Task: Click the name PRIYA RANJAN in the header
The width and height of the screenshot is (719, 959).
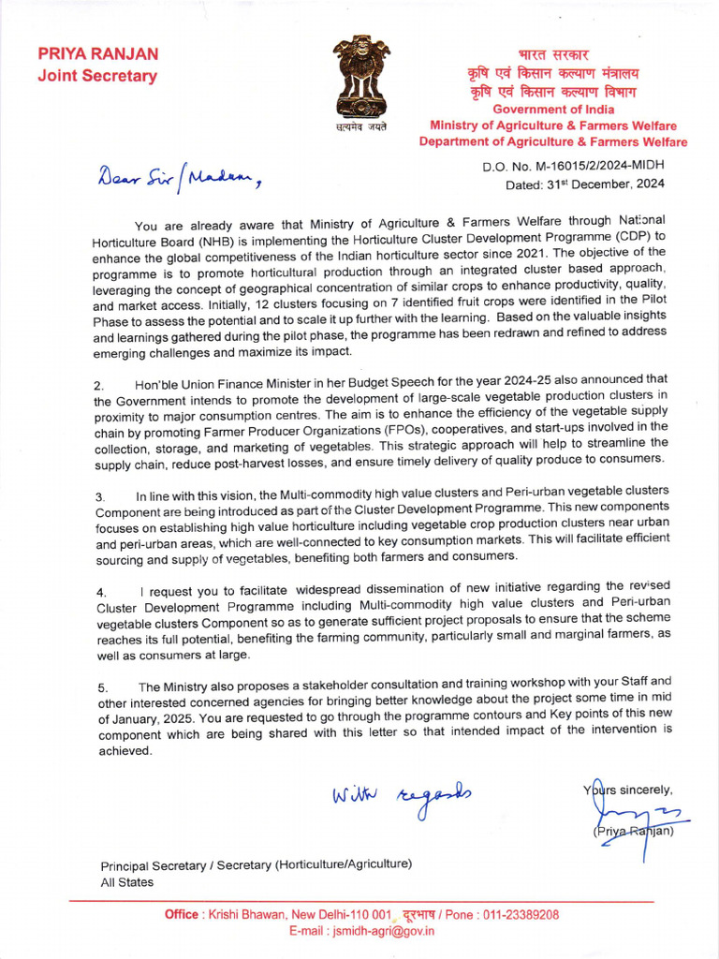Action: pos(98,54)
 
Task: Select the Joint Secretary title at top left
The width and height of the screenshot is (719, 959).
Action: pos(97,77)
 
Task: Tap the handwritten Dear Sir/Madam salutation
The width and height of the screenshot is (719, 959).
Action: pos(179,177)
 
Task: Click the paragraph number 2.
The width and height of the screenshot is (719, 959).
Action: pos(98,385)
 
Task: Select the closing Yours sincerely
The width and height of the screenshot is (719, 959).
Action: pos(628,789)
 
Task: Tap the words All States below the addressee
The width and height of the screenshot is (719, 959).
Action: pos(127,881)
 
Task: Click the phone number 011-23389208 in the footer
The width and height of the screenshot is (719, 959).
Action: pos(517,914)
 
